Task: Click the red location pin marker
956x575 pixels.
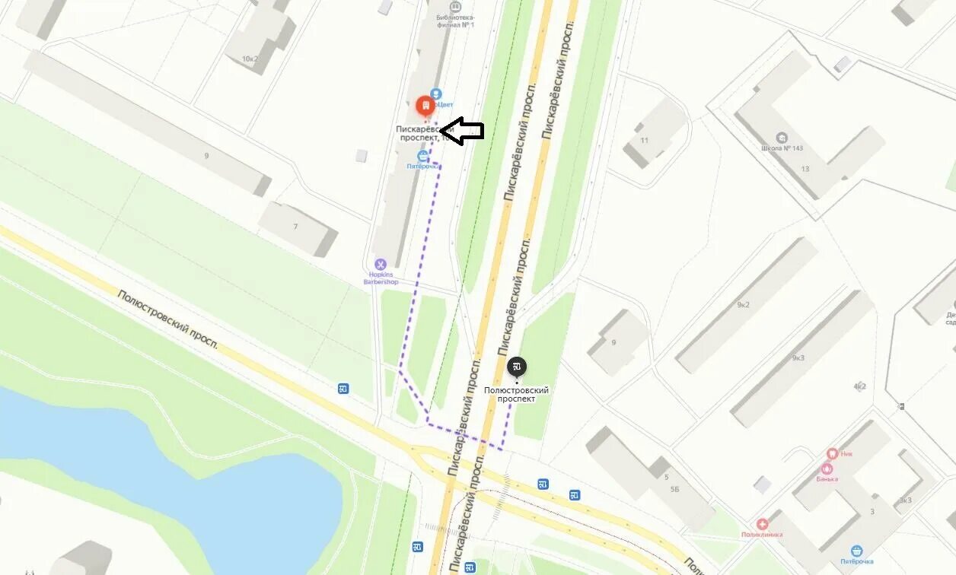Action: (x=425, y=106)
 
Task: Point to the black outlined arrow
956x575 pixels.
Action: (x=462, y=131)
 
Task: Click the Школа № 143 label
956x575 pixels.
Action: (x=782, y=148)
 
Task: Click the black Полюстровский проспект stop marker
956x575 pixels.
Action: (x=517, y=367)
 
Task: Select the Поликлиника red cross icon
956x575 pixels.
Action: (x=762, y=524)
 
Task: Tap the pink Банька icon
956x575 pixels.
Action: (x=827, y=469)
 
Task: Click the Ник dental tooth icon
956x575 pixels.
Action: (x=832, y=454)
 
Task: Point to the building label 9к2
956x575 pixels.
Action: (x=743, y=305)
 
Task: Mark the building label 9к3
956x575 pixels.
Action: (x=798, y=357)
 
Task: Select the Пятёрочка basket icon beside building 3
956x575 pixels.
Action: (x=857, y=551)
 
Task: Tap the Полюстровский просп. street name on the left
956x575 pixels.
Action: (x=167, y=319)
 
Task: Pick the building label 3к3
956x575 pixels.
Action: (x=905, y=500)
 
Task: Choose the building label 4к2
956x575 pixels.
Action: (x=860, y=386)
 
